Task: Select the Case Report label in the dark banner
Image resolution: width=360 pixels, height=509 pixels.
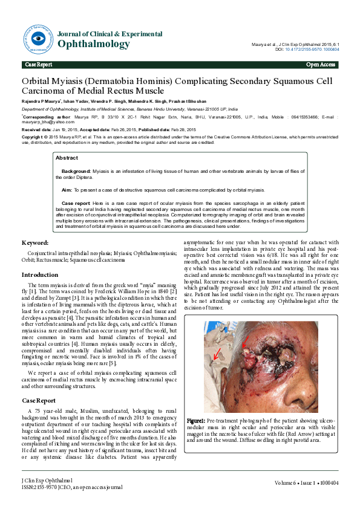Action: coord(38,64)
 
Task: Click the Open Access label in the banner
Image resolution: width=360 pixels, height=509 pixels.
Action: coord(321,64)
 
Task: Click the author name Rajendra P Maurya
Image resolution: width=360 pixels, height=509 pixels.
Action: coord(41,101)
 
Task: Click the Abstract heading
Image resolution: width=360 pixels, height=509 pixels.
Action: coord(67,157)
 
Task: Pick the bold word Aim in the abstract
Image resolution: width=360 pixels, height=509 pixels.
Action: coord(67,189)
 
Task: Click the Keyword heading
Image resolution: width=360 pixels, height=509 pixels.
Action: coord(35,242)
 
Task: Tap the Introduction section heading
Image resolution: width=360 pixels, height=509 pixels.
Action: coord(40,274)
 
